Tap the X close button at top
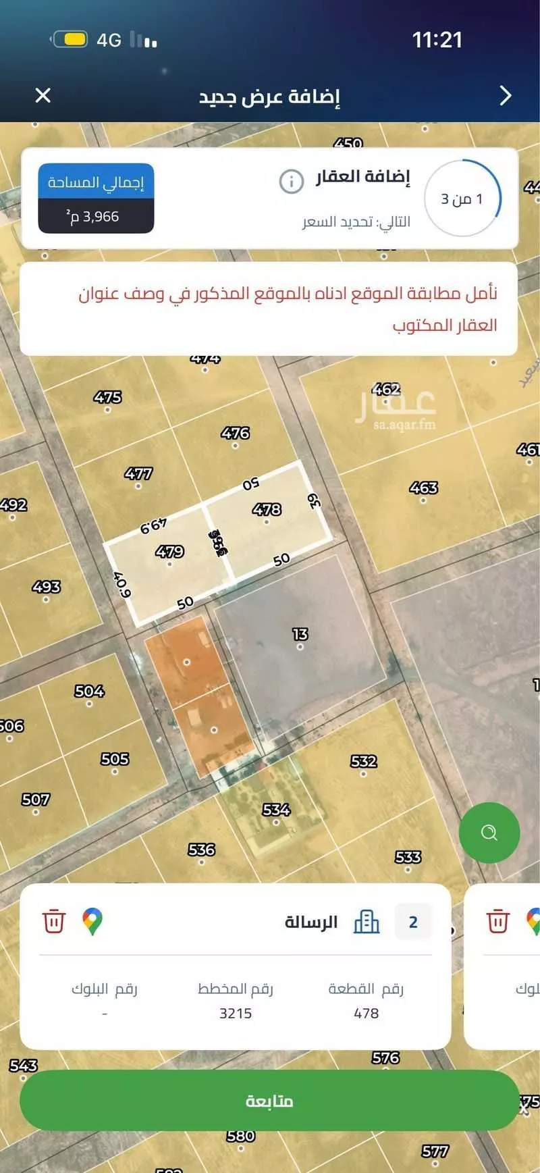43,95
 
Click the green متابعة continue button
269,1100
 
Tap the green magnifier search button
489,833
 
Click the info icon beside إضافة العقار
292,181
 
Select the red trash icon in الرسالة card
54,922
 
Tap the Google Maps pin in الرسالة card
92,922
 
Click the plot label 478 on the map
267,509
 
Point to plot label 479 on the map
169,552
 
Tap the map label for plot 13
300,634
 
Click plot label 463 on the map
423,488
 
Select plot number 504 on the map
89,691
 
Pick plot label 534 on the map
276,809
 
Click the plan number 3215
236,1013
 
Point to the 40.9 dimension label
122,584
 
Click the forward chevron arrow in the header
506,95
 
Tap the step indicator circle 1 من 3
462,199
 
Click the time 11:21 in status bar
437,40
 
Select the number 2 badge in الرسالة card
413,922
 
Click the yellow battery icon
70,39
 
